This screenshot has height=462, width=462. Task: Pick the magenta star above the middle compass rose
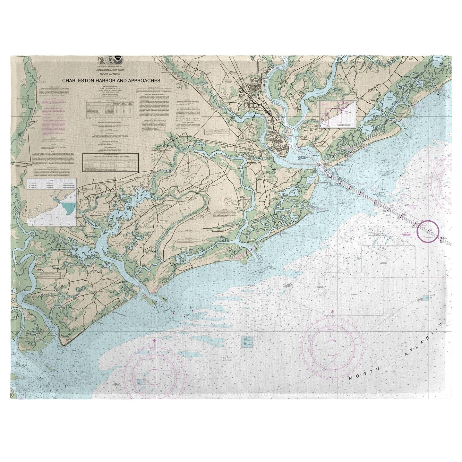[332, 312]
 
